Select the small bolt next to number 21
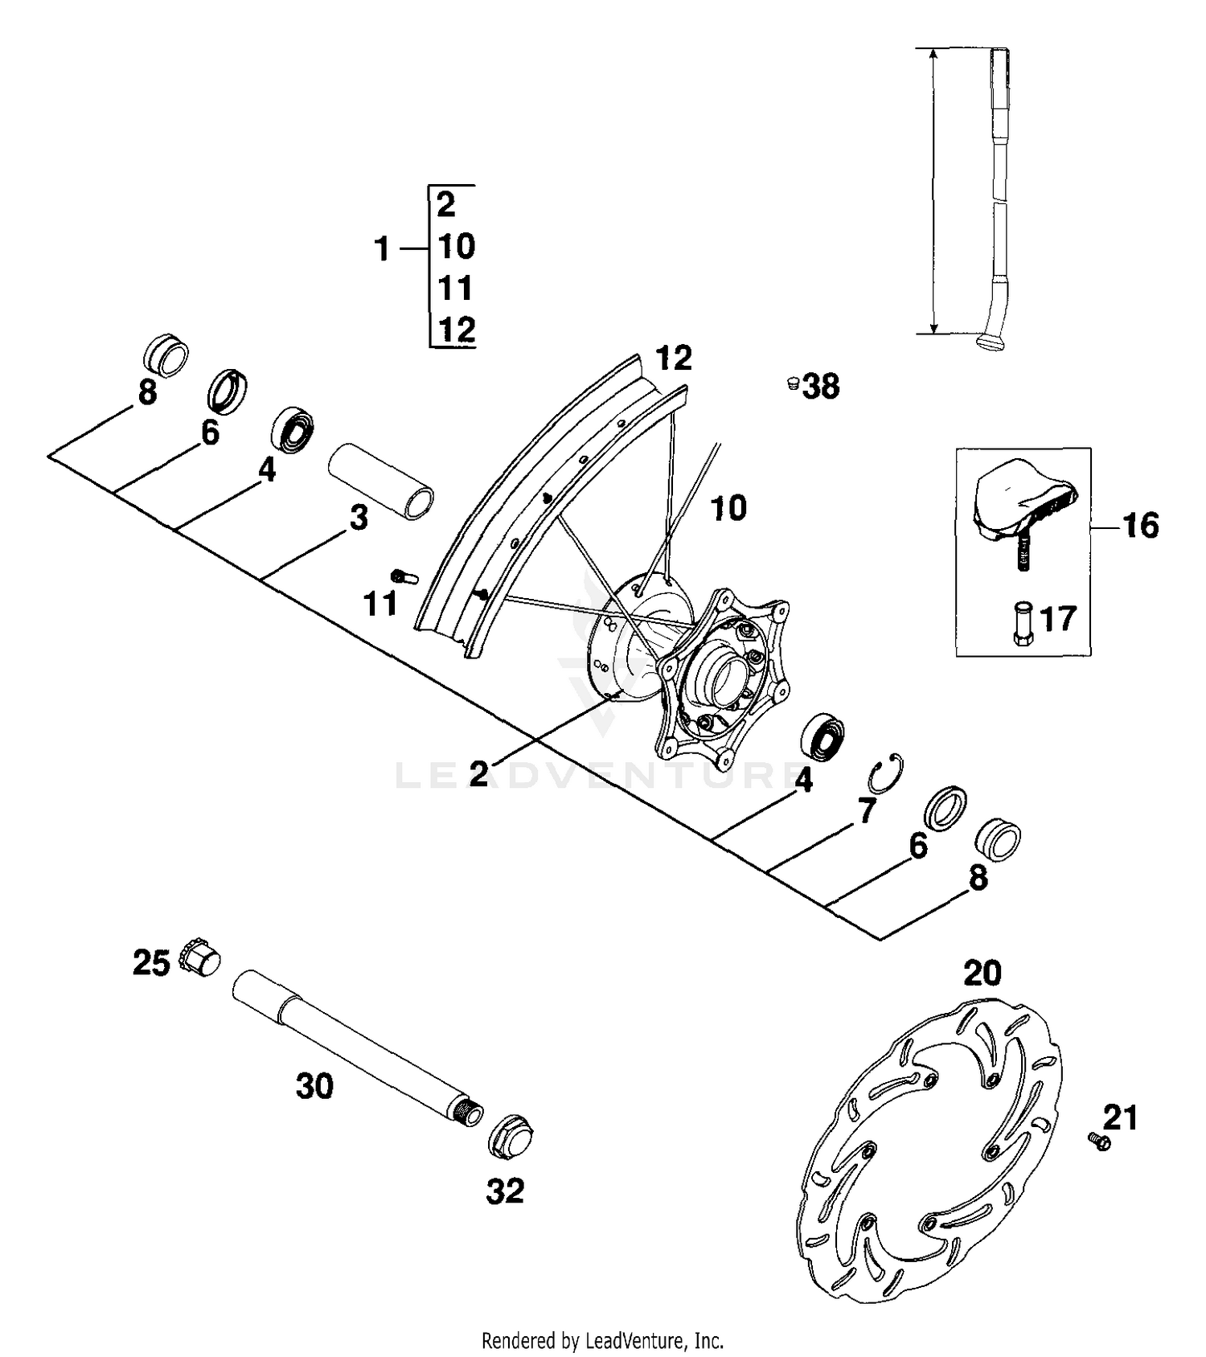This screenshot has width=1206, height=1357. tap(1098, 1140)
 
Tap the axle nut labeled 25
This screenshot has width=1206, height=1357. tap(201, 957)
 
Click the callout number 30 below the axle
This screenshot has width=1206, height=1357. tap(314, 1086)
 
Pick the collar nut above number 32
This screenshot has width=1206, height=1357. tap(511, 1137)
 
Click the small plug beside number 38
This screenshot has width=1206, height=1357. tap(792, 384)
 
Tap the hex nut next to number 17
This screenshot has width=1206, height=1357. tap(1023, 622)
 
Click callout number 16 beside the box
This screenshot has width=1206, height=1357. tap(1139, 526)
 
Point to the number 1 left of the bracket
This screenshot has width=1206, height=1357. tap(382, 249)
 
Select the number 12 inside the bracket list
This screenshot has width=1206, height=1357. tap(456, 330)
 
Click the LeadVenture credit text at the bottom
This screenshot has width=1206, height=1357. tap(602, 1341)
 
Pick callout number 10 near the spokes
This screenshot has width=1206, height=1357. tap(729, 508)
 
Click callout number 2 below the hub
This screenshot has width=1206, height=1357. tap(479, 773)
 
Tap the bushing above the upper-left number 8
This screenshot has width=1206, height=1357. tap(166, 354)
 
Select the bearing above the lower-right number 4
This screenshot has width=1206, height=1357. tap(823, 735)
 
